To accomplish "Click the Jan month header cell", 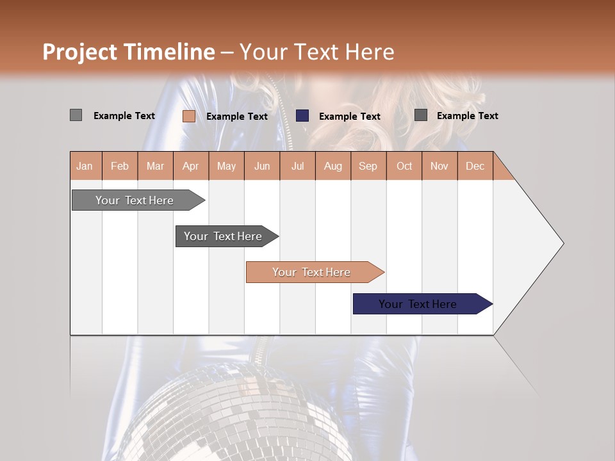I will [85, 166].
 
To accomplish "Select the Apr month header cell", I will [191, 166].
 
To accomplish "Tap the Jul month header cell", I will [297, 166].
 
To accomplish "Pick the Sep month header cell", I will [368, 166].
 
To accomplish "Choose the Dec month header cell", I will [475, 166].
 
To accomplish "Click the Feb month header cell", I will [120, 166].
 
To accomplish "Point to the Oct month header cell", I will [404, 166].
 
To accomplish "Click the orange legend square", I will [188, 116].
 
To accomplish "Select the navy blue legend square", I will [302, 116].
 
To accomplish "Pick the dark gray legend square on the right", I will [421, 115].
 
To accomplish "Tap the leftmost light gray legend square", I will [76, 115].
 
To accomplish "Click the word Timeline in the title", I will [170, 52].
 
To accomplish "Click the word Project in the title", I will [80, 52].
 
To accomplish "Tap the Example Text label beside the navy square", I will [350, 117].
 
